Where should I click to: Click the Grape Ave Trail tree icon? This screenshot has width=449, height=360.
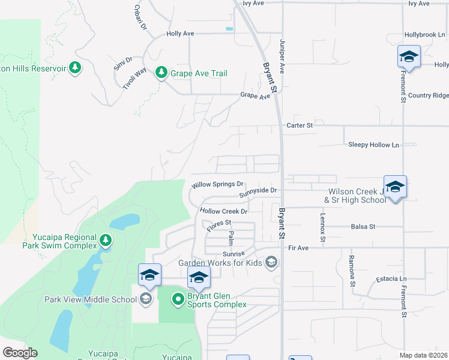(161, 73)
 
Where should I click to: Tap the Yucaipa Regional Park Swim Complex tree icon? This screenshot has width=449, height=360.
(106, 241)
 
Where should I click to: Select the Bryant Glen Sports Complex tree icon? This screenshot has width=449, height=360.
(178, 298)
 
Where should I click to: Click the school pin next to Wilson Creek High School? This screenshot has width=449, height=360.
(395, 187)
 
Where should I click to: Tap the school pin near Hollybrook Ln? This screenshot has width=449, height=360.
(408, 57)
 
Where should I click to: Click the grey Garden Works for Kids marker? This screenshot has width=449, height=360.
(271, 262)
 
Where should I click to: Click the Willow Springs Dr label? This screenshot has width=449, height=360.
(217, 185)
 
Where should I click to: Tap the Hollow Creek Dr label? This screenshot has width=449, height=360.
(224, 211)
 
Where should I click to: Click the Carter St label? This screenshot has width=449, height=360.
(300, 125)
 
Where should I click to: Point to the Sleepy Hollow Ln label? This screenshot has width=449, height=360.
(373, 145)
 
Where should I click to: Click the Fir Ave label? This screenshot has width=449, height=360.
(298, 247)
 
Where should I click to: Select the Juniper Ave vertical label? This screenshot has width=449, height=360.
(281, 56)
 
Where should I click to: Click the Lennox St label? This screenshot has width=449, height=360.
(322, 229)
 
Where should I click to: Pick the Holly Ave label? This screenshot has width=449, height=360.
(180, 34)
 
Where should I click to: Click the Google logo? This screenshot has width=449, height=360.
(20, 353)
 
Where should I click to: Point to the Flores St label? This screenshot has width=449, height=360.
(218, 226)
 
